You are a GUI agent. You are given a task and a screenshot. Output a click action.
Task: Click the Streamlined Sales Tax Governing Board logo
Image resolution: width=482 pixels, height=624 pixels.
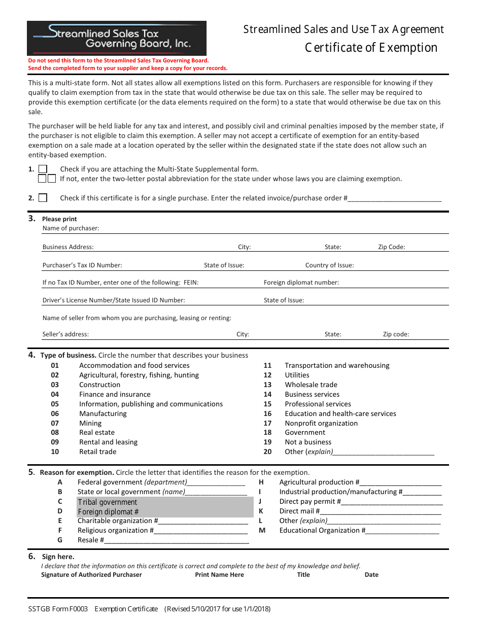point(117,38)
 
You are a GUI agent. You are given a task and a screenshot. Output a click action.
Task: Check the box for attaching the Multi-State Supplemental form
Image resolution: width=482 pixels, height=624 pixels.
point(43,169)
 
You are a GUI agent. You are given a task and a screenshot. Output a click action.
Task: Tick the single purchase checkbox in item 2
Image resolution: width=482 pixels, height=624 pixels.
point(43,198)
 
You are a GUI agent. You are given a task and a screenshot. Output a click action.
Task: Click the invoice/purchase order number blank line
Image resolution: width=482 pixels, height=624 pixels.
point(394,199)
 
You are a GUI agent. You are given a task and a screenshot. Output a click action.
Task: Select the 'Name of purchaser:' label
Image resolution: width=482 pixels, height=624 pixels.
point(71,228)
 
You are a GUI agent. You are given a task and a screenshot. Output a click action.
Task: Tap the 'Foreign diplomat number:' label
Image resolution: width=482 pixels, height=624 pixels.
point(301,283)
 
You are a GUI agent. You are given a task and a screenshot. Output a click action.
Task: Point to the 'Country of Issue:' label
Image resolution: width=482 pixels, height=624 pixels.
point(329,265)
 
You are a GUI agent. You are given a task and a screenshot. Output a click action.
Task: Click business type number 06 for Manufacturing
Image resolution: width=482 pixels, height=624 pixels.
point(55,413)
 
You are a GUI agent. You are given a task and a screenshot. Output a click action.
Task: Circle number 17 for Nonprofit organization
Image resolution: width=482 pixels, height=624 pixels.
point(267,423)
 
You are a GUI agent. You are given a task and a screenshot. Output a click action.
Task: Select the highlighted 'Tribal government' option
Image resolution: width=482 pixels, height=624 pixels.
point(108,502)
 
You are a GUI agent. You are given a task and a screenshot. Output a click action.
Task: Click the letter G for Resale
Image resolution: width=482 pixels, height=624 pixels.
point(60,540)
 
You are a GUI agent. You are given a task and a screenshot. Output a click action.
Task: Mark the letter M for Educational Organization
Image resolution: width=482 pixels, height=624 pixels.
point(262,530)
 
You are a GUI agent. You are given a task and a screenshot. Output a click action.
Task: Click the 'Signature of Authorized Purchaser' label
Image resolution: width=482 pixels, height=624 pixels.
point(91,575)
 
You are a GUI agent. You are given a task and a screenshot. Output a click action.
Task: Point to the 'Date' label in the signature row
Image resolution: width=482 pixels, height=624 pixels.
point(371,575)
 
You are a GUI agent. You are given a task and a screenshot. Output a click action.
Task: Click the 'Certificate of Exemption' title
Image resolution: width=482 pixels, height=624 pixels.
point(371,48)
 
